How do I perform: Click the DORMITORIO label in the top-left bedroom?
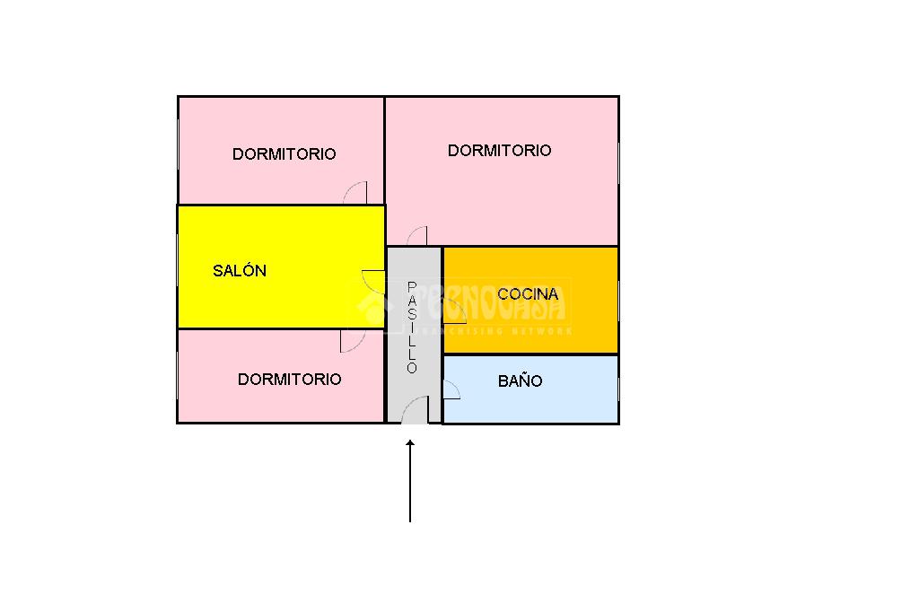(x=284, y=153)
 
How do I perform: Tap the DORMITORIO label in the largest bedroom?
(x=499, y=150)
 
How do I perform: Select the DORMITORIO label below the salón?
(x=289, y=379)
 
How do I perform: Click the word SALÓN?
(x=240, y=270)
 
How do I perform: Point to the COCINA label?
(x=528, y=293)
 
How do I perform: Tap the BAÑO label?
(x=520, y=380)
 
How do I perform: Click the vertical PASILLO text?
(x=412, y=328)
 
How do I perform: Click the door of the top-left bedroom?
(x=356, y=193)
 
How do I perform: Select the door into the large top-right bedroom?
(x=417, y=236)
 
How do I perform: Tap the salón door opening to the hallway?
(x=373, y=279)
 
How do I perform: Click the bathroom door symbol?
(x=451, y=388)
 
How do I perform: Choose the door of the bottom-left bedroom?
(x=352, y=341)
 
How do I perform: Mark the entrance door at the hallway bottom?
(x=414, y=412)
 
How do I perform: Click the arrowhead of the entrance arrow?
(x=410, y=442)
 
